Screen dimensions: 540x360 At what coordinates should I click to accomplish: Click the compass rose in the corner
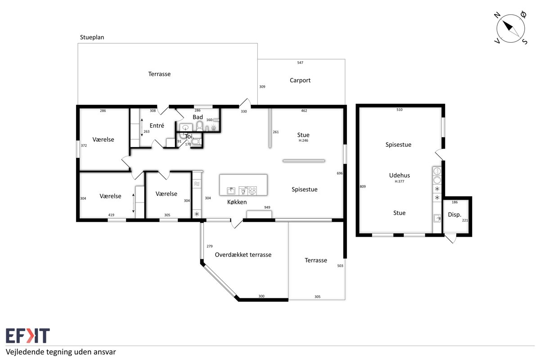[511, 28]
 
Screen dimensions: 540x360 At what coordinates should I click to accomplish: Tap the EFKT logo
[28, 335]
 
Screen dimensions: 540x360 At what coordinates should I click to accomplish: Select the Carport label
[300, 80]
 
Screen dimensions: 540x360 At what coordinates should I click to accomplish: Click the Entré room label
[157, 126]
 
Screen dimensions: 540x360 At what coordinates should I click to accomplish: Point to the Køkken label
[237, 202]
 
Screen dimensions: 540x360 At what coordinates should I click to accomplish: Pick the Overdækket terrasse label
[243, 255]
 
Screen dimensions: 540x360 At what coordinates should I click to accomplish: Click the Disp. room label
[454, 215]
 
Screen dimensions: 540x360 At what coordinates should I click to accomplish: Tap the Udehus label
[400, 175]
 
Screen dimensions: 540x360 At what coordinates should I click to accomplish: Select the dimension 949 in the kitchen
[267, 207]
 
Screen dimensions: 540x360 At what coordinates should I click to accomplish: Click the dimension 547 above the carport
[300, 63]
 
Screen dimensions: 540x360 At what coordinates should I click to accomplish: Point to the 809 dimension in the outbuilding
[363, 186]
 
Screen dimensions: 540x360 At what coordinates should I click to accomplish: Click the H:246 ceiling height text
[303, 140]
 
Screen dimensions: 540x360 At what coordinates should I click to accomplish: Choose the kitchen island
[243, 184]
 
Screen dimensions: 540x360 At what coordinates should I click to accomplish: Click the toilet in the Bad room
[199, 126]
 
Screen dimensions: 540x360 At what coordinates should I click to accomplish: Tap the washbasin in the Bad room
[186, 127]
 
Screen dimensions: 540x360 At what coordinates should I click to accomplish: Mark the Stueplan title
[92, 37]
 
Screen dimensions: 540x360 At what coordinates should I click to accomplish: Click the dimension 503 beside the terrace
[340, 265]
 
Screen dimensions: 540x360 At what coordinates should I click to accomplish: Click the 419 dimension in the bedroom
[111, 215]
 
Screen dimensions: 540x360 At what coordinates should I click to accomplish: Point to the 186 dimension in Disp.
[454, 202]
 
